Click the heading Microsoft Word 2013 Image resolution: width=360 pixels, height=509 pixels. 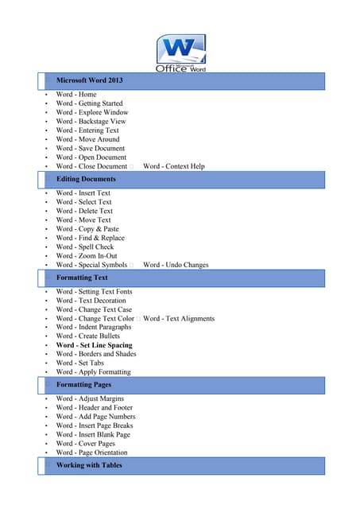pos(89,80)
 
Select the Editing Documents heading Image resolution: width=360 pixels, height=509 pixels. pos(86,180)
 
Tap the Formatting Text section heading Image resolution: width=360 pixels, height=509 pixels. pos(82,278)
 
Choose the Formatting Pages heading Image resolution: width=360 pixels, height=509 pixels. pos(84,385)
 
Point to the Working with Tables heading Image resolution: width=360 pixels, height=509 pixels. pos(89,465)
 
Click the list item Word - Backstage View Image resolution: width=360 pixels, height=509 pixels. pos(91,122)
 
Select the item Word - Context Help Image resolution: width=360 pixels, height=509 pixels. pos(173,166)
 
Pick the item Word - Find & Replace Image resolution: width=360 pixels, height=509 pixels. pos(90,238)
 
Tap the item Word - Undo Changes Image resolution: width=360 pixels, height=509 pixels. pos(176,265)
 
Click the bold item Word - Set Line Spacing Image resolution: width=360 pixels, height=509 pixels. pos(94,345)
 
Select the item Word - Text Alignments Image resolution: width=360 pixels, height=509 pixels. pos(179,318)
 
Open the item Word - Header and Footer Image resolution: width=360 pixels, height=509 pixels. pos(95,407)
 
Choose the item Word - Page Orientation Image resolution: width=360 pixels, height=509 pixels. pos(91,453)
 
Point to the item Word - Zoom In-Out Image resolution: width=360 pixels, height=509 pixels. pos(87,256)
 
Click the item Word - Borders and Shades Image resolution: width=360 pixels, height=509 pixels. pos(95,354)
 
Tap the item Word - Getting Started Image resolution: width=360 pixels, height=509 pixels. pos(89,103)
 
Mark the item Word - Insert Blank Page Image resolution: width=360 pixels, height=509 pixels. pos(93,435)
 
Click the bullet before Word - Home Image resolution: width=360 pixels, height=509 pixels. pos(47,95)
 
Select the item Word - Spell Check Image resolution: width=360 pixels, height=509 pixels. pos(84,247)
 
